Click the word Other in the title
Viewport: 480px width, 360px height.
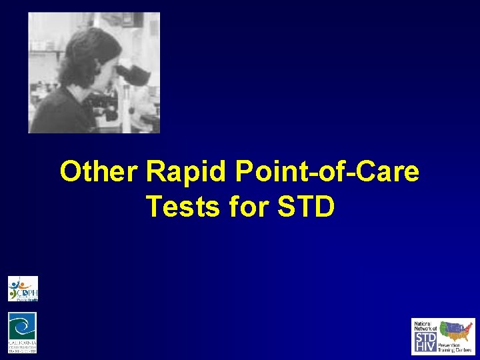(x=99, y=173)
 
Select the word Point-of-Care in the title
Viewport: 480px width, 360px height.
(x=327, y=173)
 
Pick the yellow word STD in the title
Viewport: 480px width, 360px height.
(x=305, y=207)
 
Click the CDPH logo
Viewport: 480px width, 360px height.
(x=23, y=289)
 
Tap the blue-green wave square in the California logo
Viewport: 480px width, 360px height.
(x=22, y=325)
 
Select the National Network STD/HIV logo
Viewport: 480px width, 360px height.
(x=443, y=336)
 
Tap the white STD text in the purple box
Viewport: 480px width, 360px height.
(x=425, y=337)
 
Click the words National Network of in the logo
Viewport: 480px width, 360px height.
(x=425, y=326)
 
